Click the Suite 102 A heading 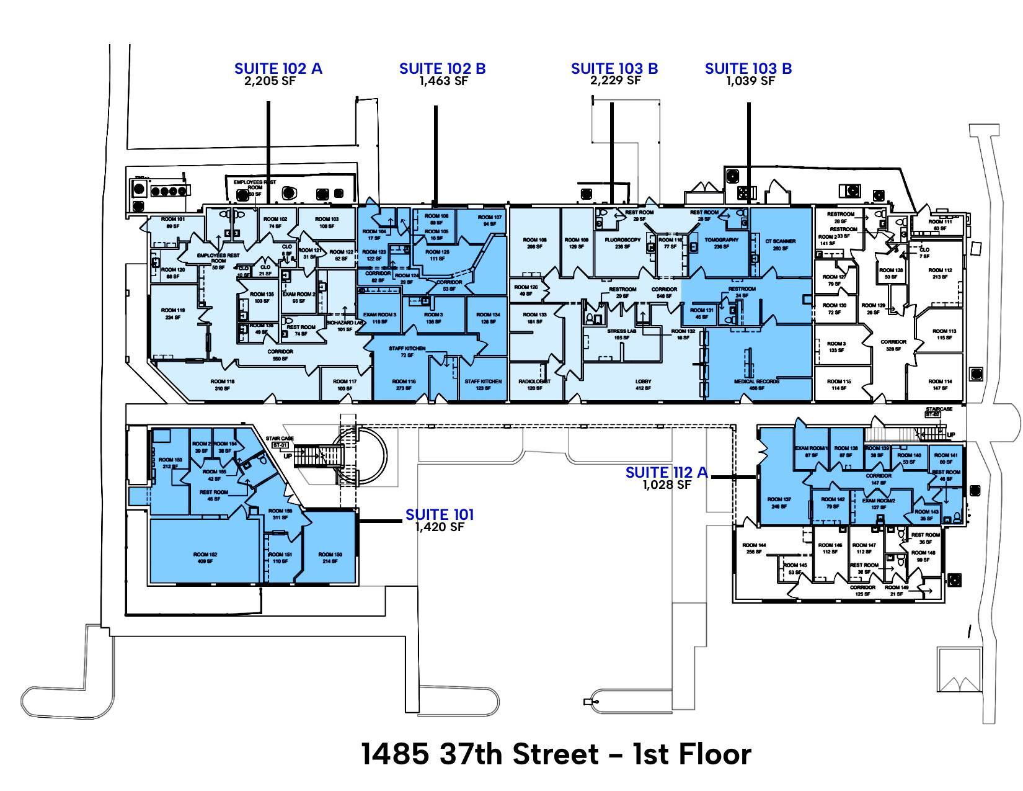coord(278,68)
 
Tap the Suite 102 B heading coord(442,68)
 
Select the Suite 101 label coord(440,514)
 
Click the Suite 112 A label coord(666,473)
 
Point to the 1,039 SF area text coord(750,81)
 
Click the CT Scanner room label coord(780,241)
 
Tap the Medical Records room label coord(756,382)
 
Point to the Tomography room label coord(722,239)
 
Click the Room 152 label coord(205,555)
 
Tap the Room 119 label coord(173,310)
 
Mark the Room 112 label coord(940,270)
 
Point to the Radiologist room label coord(534,382)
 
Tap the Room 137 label coord(779,499)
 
